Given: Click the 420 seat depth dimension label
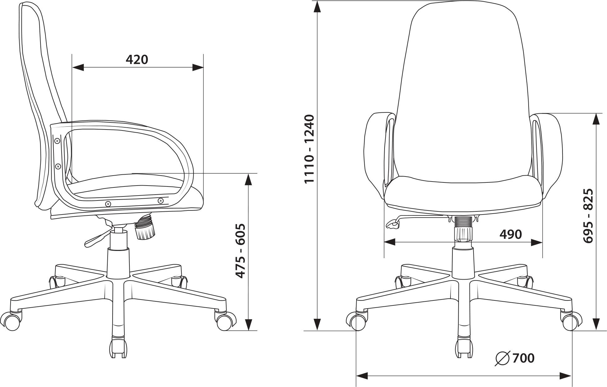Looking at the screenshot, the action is point(137,59).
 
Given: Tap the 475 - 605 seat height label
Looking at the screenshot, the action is point(240,251).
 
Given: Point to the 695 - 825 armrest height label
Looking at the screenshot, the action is point(588,216).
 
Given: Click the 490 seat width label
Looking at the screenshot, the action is point(511,234).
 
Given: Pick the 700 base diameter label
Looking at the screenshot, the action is point(523,358).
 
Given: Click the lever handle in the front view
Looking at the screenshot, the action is point(393,224).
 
